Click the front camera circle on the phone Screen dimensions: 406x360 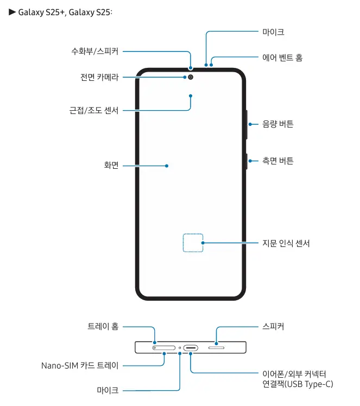(x=191, y=78)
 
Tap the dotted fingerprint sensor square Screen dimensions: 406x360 (x=193, y=243)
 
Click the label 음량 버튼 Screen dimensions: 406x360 (x=277, y=124)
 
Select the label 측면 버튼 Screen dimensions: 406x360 (x=277, y=161)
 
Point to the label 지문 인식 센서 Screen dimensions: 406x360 (x=286, y=243)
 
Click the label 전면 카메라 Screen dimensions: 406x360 (x=99, y=78)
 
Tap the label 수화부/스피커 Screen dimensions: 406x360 (x=94, y=52)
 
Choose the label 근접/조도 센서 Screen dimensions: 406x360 (x=94, y=110)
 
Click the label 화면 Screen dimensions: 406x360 (x=111, y=165)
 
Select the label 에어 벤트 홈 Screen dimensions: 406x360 (x=282, y=57)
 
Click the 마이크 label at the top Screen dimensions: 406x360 (x=273, y=32)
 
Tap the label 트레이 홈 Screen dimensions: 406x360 (x=103, y=326)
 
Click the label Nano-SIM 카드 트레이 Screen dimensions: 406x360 (x=80, y=365)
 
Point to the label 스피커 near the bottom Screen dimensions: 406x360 (x=273, y=326)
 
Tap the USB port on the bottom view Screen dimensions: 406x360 (x=191, y=347)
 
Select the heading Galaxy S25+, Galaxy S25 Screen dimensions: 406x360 (x=65, y=12)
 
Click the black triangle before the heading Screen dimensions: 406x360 (x=12, y=11)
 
